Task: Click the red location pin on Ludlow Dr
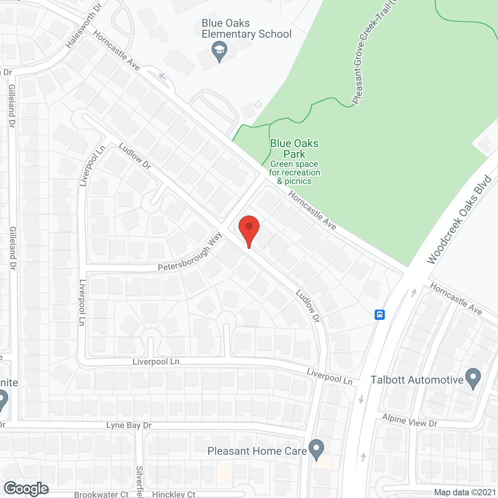(x=249, y=229)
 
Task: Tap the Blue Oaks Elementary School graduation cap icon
(x=219, y=51)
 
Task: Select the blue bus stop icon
(x=380, y=314)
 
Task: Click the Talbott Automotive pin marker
(x=473, y=378)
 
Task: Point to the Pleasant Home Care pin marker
(x=316, y=449)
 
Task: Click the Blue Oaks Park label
(x=294, y=149)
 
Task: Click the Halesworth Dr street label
(x=83, y=26)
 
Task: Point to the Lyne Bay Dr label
(x=129, y=425)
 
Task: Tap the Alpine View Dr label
(x=410, y=421)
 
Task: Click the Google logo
(x=26, y=489)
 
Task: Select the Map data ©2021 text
(x=465, y=492)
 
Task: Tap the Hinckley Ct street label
(x=174, y=494)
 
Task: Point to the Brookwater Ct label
(x=101, y=494)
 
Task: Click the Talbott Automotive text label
(x=417, y=380)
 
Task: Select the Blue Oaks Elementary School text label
(x=246, y=29)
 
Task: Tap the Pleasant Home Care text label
(x=257, y=451)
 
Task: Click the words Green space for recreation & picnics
(x=295, y=173)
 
